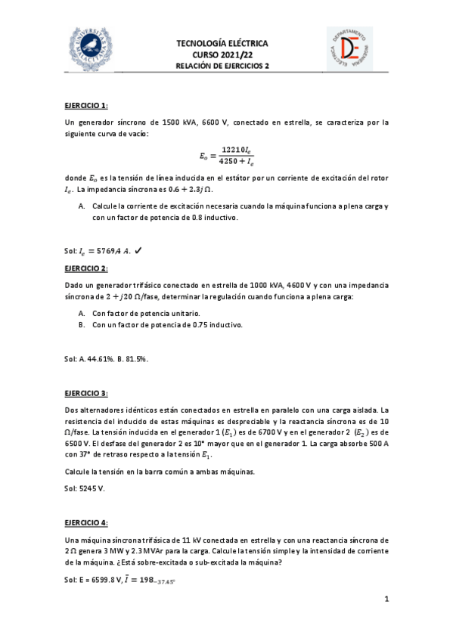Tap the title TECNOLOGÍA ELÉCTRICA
[x=227, y=43]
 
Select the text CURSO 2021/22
[x=227, y=54]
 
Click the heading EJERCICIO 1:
[x=86, y=105]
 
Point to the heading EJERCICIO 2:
[x=86, y=268]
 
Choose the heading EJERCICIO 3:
[x=86, y=393]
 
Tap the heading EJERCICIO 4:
[x=86, y=522]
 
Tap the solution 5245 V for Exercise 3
[x=92, y=489]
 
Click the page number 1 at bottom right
[x=386, y=599]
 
